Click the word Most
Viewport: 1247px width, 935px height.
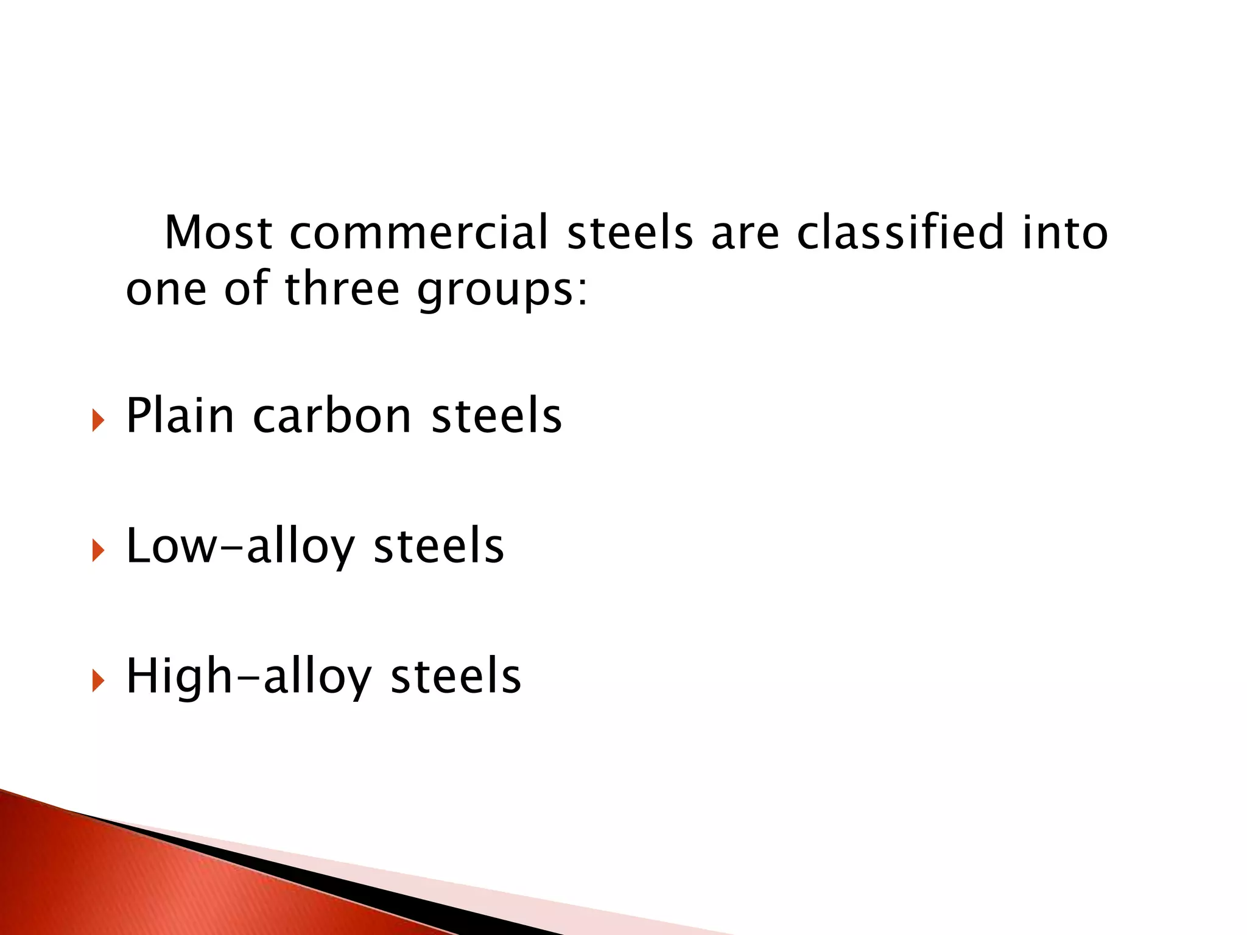(218, 233)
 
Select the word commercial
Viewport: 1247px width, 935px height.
(419, 233)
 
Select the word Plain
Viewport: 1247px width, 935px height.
(180, 416)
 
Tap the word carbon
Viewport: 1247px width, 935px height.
(332, 416)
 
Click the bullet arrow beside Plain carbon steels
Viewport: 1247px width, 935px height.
(98, 420)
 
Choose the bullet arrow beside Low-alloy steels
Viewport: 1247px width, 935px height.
(98, 550)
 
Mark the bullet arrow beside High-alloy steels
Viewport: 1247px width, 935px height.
(98, 681)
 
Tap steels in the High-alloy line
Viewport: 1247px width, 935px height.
(455, 677)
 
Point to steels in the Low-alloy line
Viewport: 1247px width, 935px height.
(438, 547)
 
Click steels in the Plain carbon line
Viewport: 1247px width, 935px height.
(496, 416)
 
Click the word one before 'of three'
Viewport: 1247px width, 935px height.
(166, 290)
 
